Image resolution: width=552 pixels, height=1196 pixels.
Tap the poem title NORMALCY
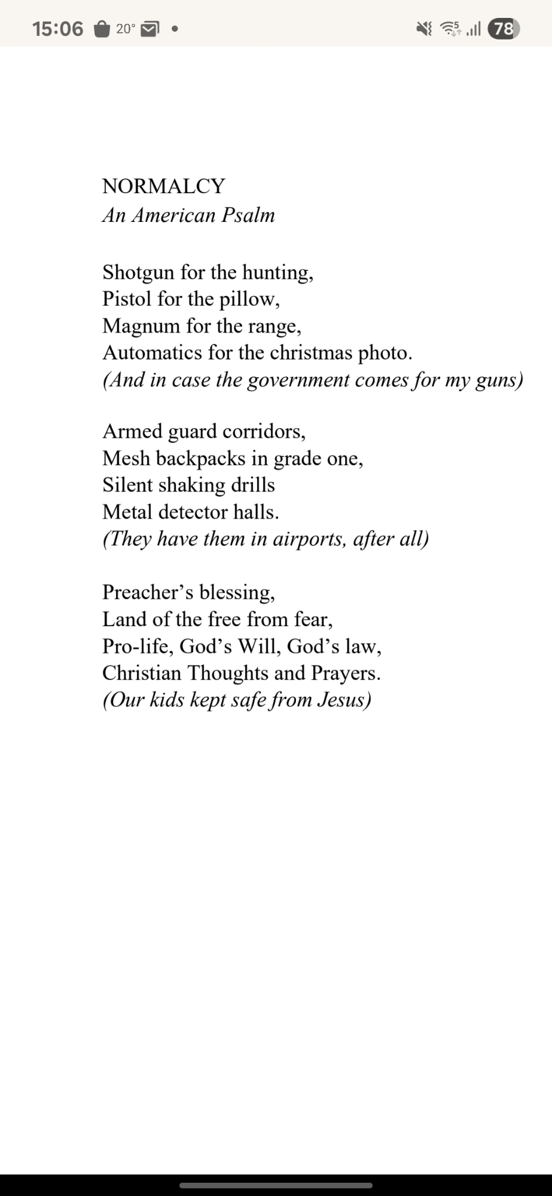[163, 186]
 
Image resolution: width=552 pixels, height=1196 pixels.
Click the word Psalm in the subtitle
[248, 215]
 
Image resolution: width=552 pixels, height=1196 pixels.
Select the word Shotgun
[138, 273]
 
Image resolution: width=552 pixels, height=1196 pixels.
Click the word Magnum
[141, 326]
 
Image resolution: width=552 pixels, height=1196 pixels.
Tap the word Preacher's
[148, 592]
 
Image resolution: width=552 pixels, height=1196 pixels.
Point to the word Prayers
[345, 673]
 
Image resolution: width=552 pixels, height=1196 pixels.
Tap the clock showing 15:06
[58, 28]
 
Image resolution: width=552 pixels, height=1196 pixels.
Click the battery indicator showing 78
[504, 28]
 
